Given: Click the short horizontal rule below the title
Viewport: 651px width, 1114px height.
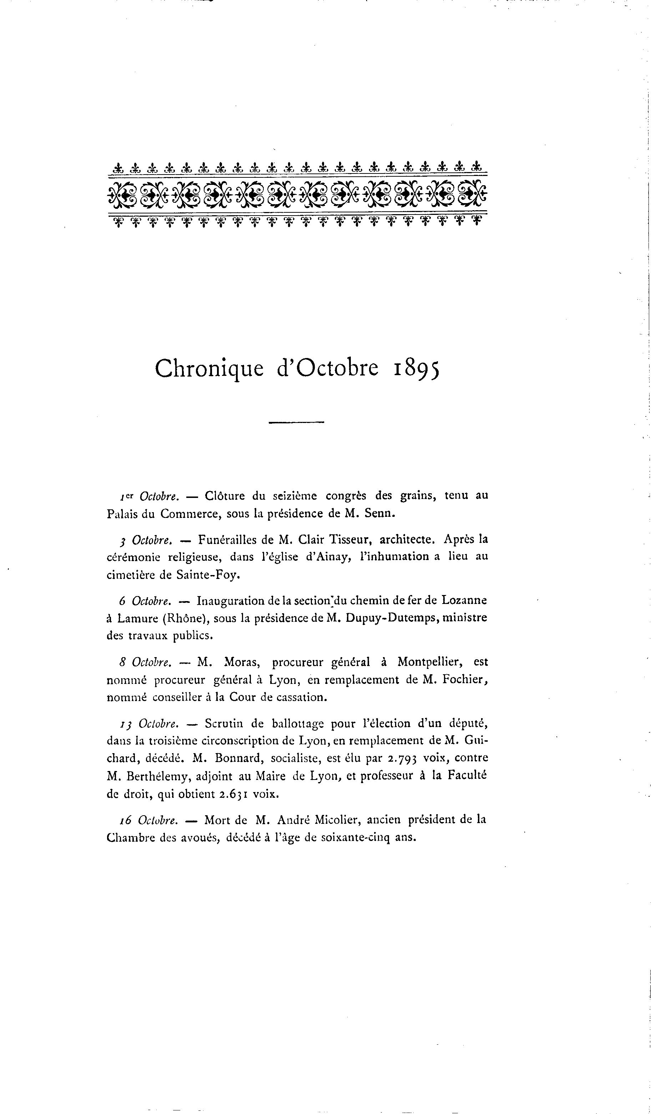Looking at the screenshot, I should [x=296, y=422].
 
